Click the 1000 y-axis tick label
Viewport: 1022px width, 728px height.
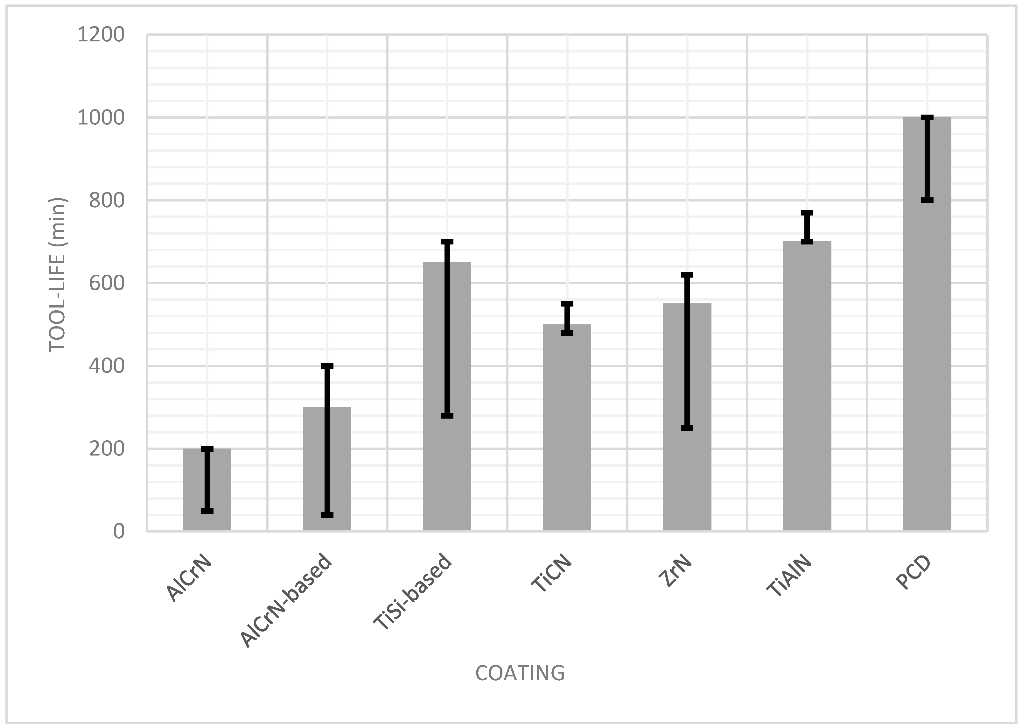pyautogui.click(x=101, y=117)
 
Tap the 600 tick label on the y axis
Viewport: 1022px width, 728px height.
pyautogui.click(x=107, y=283)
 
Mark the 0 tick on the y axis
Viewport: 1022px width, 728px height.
pyautogui.click(x=119, y=531)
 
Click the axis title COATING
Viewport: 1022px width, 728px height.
pyautogui.click(x=520, y=673)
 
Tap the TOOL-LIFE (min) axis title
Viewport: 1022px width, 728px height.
pyautogui.click(x=57, y=275)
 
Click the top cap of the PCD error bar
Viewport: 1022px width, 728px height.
pyautogui.click(x=927, y=117)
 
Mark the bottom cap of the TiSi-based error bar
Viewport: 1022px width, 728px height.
pyautogui.click(x=447, y=415)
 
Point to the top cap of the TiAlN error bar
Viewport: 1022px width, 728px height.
pyautogui.click(x=807, y=213)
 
